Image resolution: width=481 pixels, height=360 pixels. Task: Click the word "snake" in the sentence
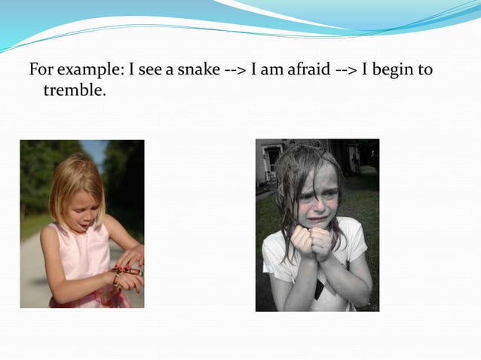(200, 71)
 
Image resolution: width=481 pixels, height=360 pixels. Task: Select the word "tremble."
(74, 91)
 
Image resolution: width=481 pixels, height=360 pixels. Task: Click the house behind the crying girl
(269, 162)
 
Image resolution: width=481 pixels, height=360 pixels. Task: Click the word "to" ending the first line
(425, 71)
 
